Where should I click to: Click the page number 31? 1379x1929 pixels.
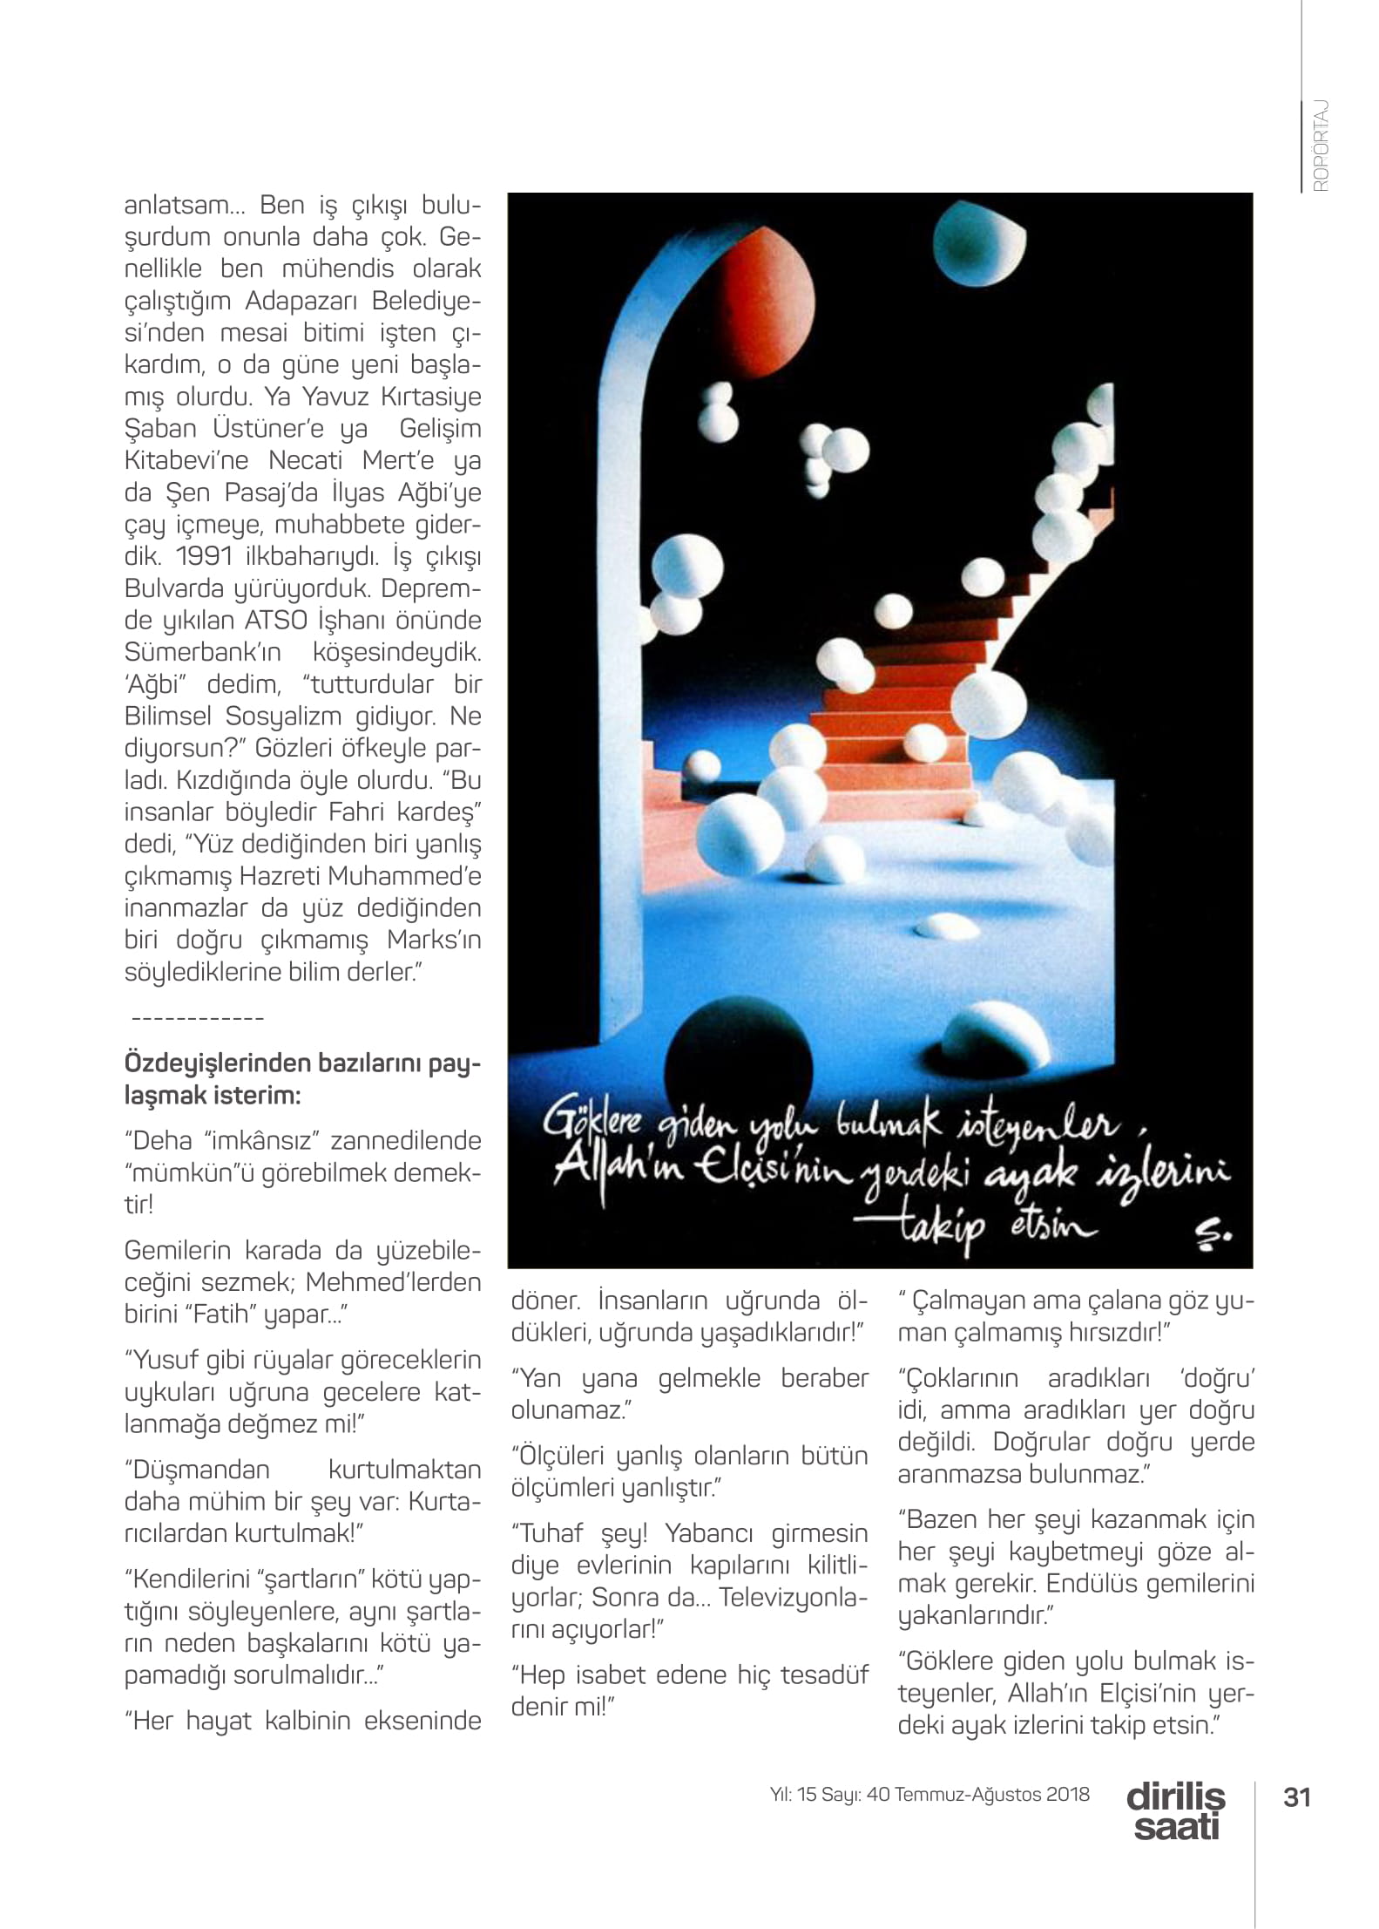(1297, 1797)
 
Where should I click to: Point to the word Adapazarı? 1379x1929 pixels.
(298, 301)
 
